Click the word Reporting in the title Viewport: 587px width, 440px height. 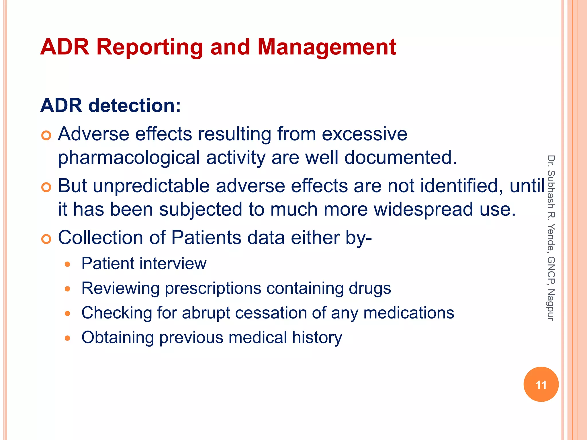150,47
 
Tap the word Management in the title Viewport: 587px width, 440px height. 327,47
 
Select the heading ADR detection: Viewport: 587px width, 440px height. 111,106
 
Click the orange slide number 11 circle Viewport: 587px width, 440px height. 541,384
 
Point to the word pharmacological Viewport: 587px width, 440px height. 129,158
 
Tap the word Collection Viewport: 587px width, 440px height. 100,237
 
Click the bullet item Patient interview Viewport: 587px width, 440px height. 144,264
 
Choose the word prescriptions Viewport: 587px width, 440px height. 213,288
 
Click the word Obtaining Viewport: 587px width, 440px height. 118,337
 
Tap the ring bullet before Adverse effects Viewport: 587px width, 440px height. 46,135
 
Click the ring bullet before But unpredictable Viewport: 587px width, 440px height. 46,187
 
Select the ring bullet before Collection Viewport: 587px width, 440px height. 46,239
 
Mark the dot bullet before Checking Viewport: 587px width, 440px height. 67,314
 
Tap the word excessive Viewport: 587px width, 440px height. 364,134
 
